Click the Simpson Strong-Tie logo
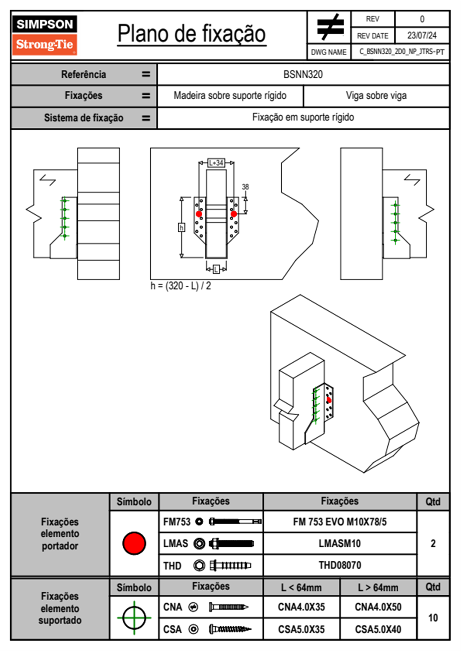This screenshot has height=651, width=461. [x=45, y=35]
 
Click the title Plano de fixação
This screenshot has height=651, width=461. [x=191, y=34]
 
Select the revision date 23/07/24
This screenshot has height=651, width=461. [x=421, y=36]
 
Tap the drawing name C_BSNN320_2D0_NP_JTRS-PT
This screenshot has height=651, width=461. [x=401, y=52]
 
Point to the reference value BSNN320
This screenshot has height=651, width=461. [x=303, y=74]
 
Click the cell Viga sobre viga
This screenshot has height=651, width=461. [x=376, y=96]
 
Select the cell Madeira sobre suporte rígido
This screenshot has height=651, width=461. [x=230, y=96]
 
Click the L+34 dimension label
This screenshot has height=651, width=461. [x=216, y=163]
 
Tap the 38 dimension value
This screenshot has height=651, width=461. [x=245, y=187]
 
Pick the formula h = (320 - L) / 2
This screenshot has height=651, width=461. [x=181, y=286]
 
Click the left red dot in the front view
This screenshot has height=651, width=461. [x=199, y=214]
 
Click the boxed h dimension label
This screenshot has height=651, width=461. [x=181, y=227]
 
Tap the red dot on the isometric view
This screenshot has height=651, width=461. [x=329, y=400]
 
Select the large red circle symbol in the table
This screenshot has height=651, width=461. [x=134, y=543]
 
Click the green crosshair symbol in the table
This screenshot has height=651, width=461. [x=134, y=618]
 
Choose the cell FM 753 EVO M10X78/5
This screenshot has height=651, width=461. [x=340, y=522]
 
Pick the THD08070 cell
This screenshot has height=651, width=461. [x=340, y=565]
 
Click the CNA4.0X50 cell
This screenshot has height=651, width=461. [x=378, y=607]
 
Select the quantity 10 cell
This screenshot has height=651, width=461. [x=433, y=618]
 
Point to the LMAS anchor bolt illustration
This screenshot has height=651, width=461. [x=231, y=543]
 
